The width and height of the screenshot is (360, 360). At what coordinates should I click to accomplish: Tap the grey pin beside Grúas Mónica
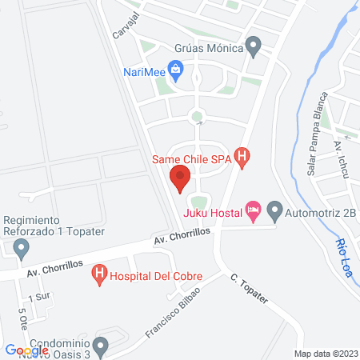[x=254, y=47]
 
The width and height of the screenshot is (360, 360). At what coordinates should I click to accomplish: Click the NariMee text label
[x=145, y=71]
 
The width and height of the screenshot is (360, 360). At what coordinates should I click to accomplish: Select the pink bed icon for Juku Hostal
[x=254, y=212]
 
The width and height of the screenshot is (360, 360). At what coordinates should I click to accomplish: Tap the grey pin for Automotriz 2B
[x=275, y=212]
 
